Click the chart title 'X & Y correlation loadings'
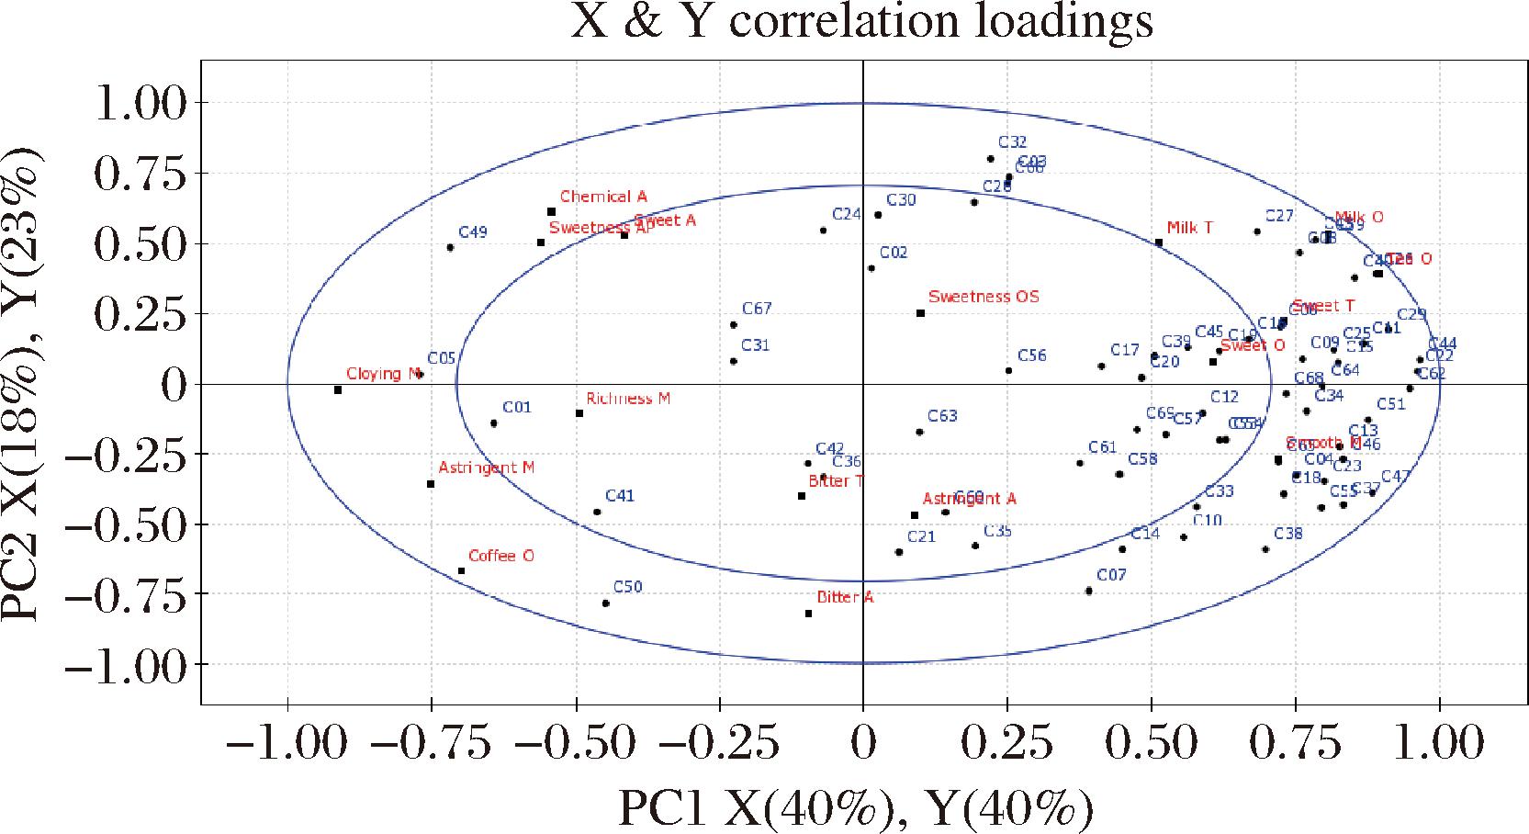coord(861,22)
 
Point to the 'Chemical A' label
coord(603,197)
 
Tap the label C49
coord(472,232)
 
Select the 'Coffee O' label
coord(500,556)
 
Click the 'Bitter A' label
coord(845,597)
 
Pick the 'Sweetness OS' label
coord(984,297)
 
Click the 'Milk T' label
coord(1189,228)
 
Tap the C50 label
coord(627,587)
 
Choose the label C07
coord(1111,575)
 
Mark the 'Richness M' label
coord(628,398)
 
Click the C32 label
coord(1012,142)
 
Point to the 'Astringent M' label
coord(486,468)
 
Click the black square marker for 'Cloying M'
coord(338,390)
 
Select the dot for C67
coord(733,325)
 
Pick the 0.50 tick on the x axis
coord(1151,741)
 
